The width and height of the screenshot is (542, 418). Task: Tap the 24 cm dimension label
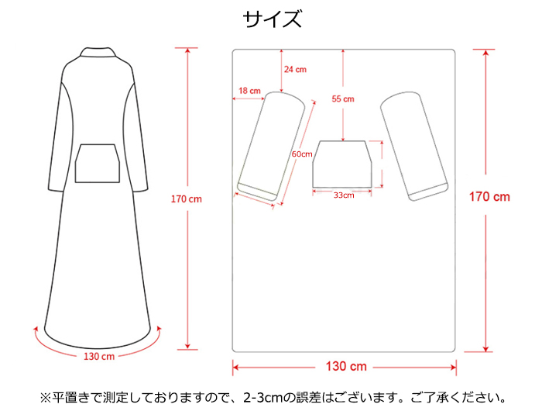(295, 69)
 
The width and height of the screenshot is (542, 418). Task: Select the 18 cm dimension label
(249, 91)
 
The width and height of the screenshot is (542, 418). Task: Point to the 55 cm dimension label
(342, 98)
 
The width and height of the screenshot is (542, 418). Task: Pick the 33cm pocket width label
(344, 195)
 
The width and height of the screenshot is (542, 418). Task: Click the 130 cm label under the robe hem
(98, 356)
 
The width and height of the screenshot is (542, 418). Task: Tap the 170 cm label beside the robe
(186, 199)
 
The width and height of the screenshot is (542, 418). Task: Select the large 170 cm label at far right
(490, 197)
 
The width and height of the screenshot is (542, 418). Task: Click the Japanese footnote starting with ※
(272, 399)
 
